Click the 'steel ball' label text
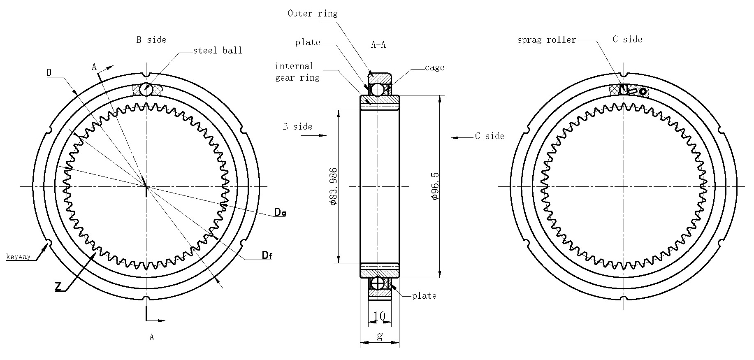[218, 51]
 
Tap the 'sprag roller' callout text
[546, 40]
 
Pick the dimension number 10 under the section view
[379, 316]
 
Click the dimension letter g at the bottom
[380, 336]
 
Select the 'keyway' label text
[18, 257]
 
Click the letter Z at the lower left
[59, 287]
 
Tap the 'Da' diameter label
[280, 213]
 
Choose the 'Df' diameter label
[267, 256]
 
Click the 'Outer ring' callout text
[312, 14]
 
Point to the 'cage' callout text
[434, 67]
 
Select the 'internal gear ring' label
[297, 72]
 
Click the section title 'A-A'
[378, 45]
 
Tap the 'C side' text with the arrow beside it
[490, 136]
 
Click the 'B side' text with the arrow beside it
[297, 127]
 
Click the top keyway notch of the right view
[624, 75]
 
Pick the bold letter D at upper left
[49, 73]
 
